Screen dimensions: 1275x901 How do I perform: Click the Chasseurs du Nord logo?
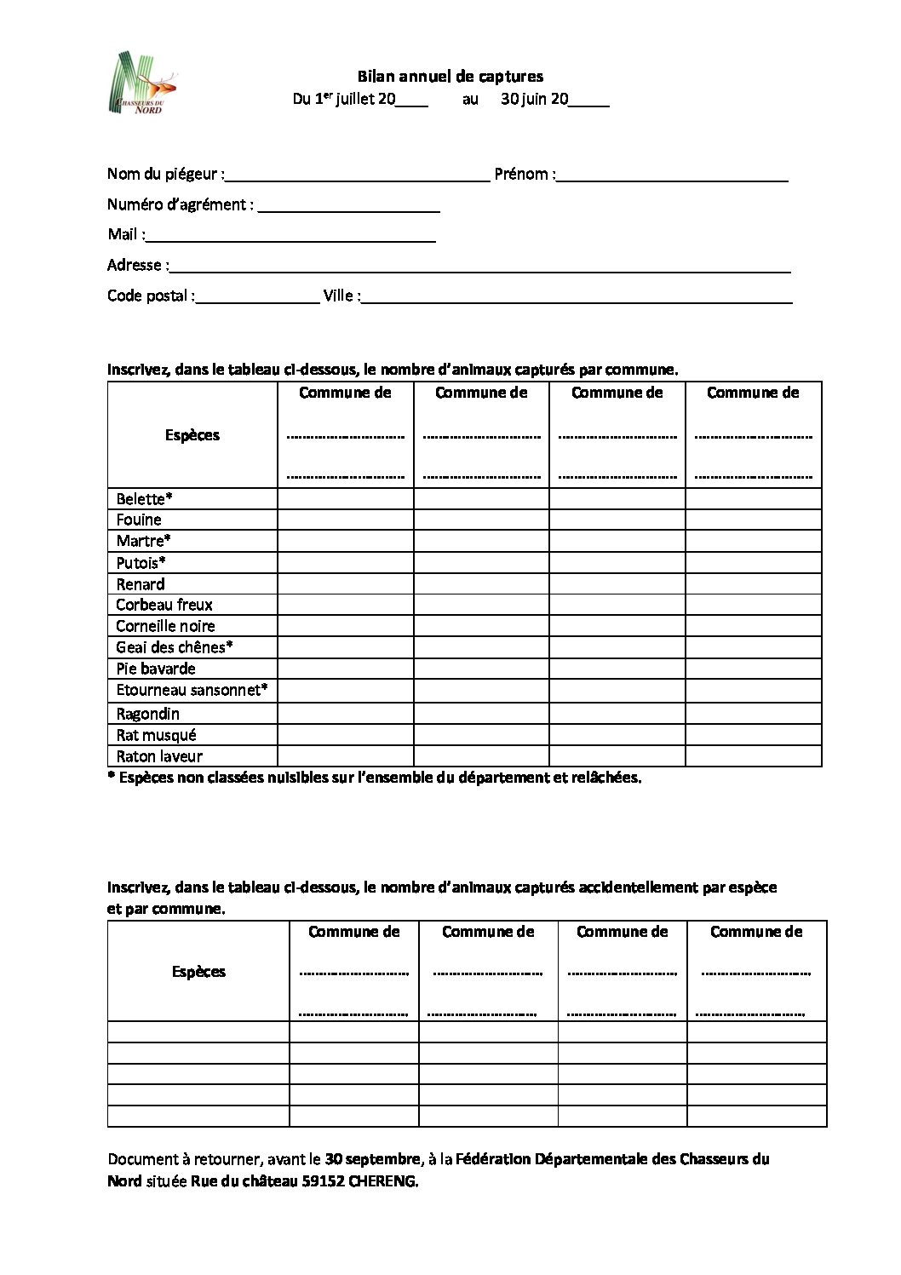pyautogui.click(x=144, y=83)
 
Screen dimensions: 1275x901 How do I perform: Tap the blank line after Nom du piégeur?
pyautogui.click(x=358, y=177)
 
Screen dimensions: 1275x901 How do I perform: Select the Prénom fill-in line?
pyautogui.click(x=672, y=177)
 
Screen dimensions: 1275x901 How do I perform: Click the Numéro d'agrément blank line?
pyautogui.click(x=348, y=207)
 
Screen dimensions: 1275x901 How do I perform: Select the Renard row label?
pyautogui.click(x=141, y=584)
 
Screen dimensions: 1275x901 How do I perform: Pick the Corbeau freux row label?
pyautogui.click(x=164, y=605)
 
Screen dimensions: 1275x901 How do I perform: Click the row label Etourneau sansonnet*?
pyautogui.click(x=192, y=690)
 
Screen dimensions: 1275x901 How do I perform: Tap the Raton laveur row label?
pyautogui.click(x=159, y=756)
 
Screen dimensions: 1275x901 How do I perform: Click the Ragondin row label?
pyautogui.click(x=147, y=714)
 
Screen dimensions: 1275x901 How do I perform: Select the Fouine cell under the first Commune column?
pyautogui.click(x=345, y=520)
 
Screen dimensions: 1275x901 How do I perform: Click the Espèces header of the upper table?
pyautogui.click(x=192, y=435)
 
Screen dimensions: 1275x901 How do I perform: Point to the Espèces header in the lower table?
pyautogui.click(x=198, y=972)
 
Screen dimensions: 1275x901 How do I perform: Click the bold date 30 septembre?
pyautogui.click(x=373, y=1159)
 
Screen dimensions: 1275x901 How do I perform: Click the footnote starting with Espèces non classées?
pyautogui.click(x=375, y=778)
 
